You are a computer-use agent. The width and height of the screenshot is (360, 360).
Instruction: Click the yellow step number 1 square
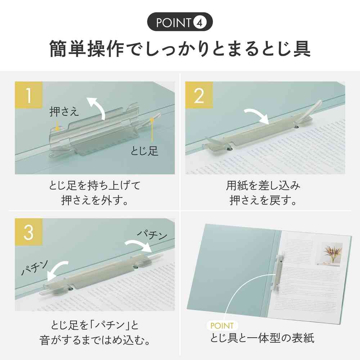(x=29, y=95)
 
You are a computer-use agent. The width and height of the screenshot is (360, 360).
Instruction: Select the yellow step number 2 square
(x=199, y=95)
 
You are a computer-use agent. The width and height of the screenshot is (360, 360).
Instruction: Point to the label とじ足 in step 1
(x=144, y=151)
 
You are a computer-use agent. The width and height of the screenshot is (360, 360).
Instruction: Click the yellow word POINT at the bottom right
(x=220, y=326)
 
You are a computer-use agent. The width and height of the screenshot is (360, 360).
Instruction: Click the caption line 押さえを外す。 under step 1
(x=95, y=200)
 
